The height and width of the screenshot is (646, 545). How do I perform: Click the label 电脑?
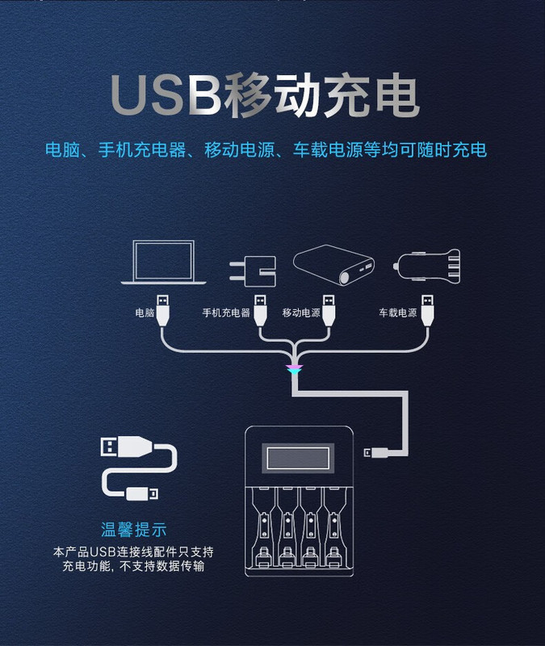(x=145, y=313)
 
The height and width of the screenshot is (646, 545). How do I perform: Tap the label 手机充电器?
(x=226, y=313)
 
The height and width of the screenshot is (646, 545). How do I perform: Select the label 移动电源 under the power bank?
(x=301, y=313)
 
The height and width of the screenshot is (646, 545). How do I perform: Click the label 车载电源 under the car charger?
(x=398, y=313)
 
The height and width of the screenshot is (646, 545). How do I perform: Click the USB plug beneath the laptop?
(x=164, y=309)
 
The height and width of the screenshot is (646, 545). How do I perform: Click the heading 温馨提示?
(x=134, y=531)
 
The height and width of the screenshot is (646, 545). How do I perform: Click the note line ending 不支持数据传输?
(x=134, y=567)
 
